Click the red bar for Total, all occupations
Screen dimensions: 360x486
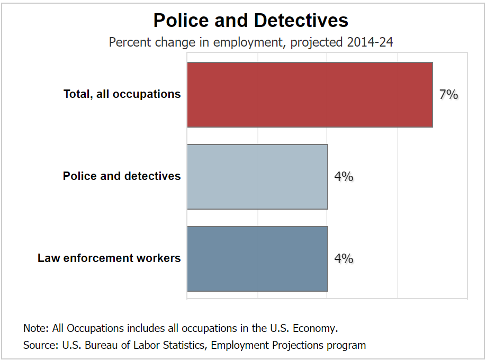coord(310,95)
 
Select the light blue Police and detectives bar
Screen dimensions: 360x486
coord(257,177)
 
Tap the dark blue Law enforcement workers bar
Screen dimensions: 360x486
coord(257,259)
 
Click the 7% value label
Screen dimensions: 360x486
coord(448,95)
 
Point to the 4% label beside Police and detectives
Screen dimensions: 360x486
coord(344,177)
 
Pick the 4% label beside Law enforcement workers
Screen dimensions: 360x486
coord(344,259)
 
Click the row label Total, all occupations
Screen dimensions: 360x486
coord(122,94)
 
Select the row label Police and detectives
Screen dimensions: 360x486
coord(122,176)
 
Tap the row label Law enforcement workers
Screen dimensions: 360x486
coord(109,258)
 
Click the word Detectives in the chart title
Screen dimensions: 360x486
coord(301,21)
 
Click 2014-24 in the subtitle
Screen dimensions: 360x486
coord(370,42)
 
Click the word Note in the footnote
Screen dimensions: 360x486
coord(35,328)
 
